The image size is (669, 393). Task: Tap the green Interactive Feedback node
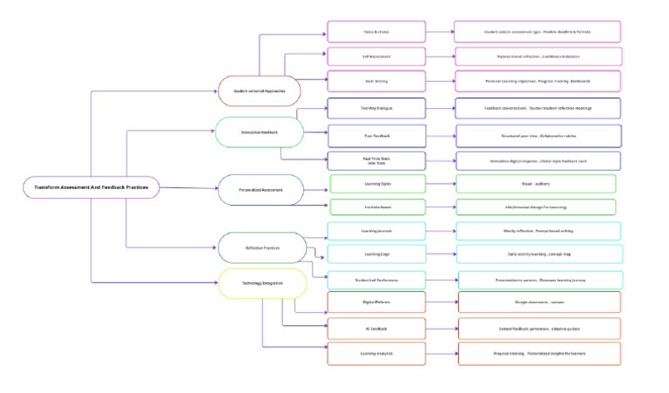259,132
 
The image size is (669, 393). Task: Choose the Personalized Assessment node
260,188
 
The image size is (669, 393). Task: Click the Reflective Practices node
262,247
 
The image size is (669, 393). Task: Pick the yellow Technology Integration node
262,283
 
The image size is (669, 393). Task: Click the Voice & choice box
375,32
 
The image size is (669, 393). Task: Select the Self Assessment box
375,58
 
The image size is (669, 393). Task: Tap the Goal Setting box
375,82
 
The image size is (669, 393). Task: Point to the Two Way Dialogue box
375,109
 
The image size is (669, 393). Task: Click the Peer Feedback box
375,136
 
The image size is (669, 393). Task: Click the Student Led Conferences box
375,281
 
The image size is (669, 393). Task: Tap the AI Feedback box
375,329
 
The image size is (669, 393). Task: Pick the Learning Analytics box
375,354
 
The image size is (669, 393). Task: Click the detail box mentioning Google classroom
539,302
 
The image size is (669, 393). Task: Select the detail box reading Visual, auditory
536,184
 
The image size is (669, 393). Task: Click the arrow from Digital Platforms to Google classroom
441,302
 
